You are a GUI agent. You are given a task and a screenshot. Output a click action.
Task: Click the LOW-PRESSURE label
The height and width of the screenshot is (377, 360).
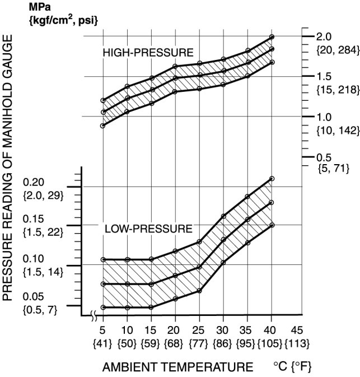click(x=148, y=229)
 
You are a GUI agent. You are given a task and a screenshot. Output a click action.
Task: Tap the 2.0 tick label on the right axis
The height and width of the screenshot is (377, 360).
click(x=324, y=36)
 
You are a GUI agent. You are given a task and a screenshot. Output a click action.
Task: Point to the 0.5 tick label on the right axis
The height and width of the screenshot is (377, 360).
click(x=324, y=157)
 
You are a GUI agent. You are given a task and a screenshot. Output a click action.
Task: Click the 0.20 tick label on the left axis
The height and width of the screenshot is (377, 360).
click(x=33, y=182)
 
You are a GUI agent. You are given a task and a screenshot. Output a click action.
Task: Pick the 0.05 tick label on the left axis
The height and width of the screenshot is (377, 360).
click(x=33, y=296)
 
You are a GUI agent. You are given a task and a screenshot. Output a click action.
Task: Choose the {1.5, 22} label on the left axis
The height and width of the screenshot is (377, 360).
click(x=42, y=232)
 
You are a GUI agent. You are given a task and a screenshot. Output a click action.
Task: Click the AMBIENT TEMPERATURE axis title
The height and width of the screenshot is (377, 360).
click(x=177, y=367)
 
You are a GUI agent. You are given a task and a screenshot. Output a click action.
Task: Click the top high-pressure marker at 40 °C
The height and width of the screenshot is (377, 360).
click(x=272, y=37)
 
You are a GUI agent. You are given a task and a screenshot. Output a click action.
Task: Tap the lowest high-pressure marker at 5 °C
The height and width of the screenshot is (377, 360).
click(x=103, y=126)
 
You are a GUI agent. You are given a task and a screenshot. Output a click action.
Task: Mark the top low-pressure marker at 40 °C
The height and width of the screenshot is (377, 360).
click(x=272, y=179)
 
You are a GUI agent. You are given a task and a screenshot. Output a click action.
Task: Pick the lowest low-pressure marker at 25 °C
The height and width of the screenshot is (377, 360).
click(x=199, y=291)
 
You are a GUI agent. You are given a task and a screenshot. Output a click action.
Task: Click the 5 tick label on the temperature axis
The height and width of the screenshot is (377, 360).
click(x=103, y=329)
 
